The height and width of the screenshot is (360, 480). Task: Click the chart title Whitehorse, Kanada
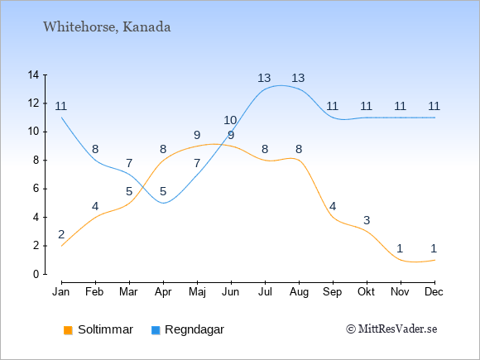[107, 27]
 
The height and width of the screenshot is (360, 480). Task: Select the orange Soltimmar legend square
[68, 330]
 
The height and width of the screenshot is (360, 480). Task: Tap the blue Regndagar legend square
[156, 330]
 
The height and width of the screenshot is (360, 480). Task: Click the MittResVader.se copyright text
[391, 329]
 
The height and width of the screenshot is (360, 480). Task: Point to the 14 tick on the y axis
[33, 74]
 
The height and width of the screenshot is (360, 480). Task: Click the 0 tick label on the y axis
[36, 274]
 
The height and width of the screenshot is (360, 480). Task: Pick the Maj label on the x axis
[197, 292]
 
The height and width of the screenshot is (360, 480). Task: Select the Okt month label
[366, 292]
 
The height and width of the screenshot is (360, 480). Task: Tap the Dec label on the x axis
[434, 292]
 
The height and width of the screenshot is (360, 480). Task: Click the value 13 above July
[264, 78]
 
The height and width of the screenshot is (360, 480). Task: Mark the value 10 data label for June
[230, 120]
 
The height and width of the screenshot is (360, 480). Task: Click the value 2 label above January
[61, 234]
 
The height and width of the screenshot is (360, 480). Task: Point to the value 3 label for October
[367, 220]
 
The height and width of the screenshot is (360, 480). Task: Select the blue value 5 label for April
[163, 192]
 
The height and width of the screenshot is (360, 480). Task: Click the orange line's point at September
[333, 218]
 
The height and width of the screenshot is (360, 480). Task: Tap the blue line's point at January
[61, 118]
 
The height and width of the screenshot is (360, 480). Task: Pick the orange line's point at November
[401, 260]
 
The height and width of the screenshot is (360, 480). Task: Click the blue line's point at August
[299, 89]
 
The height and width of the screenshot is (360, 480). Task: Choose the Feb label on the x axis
[94, 292]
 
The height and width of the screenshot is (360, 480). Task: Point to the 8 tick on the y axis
[36, 160]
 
